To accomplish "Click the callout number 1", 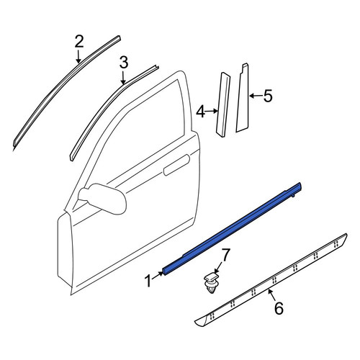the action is [148, 281].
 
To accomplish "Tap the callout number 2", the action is [79, 41].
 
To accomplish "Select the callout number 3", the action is [124, 63].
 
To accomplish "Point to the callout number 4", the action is [201, 112].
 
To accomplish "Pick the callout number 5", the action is [268, 96].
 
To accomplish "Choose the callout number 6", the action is [279, 308].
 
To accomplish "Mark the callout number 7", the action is [225, 255].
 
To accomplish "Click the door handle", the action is [176, 165].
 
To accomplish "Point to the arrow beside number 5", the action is [256, 96].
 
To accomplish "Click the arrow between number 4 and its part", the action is [212, 111].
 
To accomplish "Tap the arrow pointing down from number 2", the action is [78, 56].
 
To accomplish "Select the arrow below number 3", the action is [123, 77].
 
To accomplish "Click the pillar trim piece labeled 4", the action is [223, 104].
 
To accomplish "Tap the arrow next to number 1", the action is [157, 275].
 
